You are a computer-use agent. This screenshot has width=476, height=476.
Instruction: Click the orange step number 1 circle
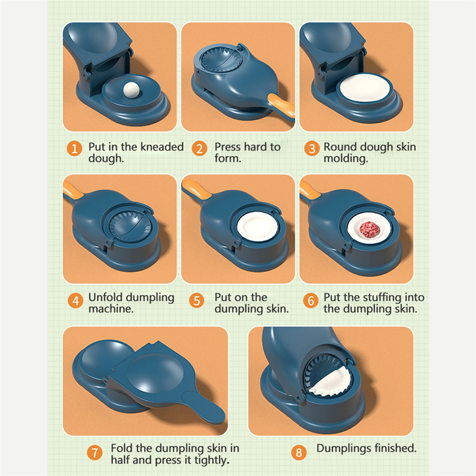[x=74, y=148]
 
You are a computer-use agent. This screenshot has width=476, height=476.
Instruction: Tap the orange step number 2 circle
[x=199, y=148]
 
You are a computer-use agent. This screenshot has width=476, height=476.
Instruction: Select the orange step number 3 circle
[x=312, y=148]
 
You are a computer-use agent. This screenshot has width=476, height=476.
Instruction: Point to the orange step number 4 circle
[x=76, y=300]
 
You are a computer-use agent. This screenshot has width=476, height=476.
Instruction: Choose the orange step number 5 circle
[x=196, y=300]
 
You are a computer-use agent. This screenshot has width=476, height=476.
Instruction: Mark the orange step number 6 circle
[x=311, y=300]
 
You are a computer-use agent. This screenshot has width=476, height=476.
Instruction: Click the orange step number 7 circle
[x=95, y=453]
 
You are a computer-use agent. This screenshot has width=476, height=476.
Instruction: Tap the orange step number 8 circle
[x=299, y=452]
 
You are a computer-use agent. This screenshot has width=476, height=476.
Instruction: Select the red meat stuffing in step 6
[x=369, y=229]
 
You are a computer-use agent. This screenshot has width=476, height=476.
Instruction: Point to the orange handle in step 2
[x=281, y=107]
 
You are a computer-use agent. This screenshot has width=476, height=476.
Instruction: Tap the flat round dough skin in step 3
[x=365, y=87]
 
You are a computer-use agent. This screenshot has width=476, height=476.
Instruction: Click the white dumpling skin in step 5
[x=257, y=227]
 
